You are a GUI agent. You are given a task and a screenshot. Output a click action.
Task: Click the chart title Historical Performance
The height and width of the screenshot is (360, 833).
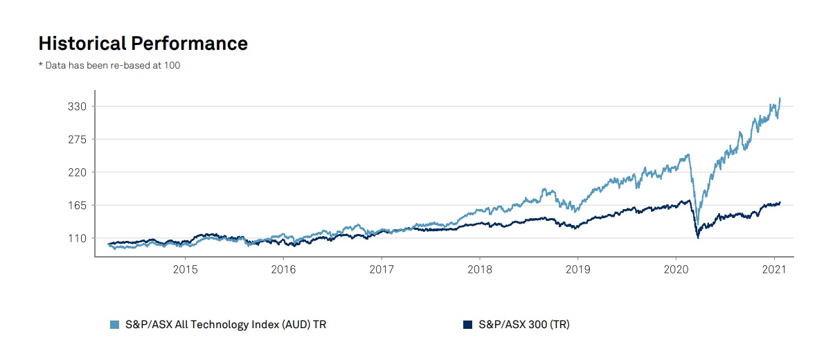143,44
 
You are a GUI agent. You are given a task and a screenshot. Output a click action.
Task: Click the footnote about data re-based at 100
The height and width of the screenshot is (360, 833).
109,66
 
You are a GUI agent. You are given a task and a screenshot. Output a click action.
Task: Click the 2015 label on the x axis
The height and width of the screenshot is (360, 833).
185,269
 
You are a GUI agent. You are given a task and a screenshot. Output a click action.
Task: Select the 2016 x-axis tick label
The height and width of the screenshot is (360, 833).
283,269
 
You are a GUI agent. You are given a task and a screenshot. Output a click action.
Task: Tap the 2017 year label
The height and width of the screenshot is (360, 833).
382,269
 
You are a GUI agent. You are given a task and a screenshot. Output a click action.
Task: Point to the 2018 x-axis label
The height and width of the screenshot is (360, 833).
479,269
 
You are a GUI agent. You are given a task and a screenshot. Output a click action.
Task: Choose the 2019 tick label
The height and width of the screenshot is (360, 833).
577,269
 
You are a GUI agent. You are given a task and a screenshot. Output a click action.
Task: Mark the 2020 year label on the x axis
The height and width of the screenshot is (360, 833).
675,269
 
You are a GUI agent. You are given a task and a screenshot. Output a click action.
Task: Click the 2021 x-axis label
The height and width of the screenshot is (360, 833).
773,269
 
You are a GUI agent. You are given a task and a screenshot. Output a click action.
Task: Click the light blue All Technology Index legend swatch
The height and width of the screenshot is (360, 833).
114,324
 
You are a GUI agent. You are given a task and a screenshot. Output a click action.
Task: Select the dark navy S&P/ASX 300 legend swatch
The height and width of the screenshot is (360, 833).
467,324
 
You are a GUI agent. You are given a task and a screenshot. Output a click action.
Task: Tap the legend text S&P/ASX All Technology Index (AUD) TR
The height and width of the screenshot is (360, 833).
225,324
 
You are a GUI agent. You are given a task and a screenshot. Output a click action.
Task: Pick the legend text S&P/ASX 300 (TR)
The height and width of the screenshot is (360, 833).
523,324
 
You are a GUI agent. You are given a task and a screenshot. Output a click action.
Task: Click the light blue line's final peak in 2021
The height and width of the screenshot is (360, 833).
780,98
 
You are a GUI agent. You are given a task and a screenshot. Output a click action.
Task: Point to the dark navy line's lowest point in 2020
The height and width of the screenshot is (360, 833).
697,237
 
